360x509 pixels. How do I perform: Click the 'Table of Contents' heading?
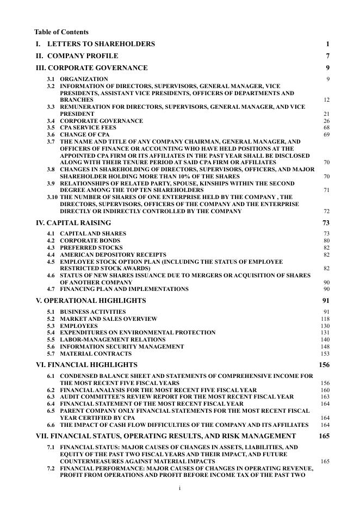click(x=61, y=32)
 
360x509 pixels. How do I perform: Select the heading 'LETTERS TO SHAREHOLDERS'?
click(x=101, y=44)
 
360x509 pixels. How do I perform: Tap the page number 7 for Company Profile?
click(x=327, y=56)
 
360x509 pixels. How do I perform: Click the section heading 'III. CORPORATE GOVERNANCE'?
click(x=91, y=68)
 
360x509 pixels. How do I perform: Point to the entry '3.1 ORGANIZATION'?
click(x=84, y=79)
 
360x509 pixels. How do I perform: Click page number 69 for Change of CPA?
click(x=326, y=135)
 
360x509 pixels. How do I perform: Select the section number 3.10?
click(x=52, y=197)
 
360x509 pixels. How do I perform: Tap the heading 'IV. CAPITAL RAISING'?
click(x=73, y=223)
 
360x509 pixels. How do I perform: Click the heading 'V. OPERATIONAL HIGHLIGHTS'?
click(x=91, y=301)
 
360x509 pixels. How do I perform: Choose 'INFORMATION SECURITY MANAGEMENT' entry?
click(x=122, y=347)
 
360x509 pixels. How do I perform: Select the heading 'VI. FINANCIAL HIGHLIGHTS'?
click(x=86, y=365)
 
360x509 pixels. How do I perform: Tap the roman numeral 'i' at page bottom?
click(x=179, y=488)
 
